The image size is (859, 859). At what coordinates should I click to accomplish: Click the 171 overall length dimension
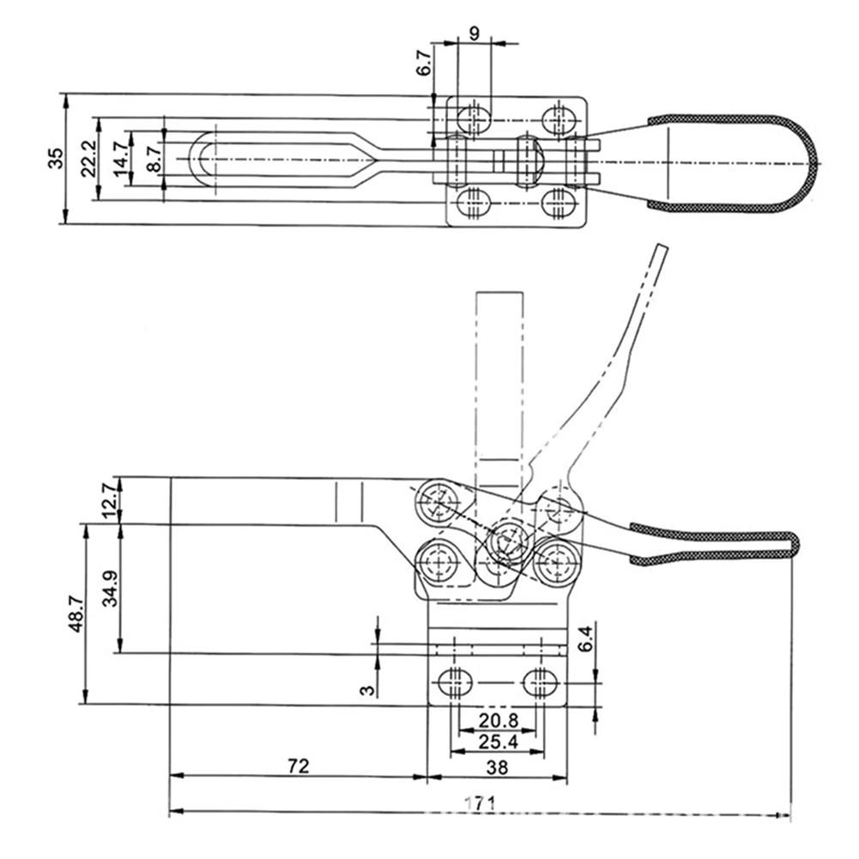point(481,803)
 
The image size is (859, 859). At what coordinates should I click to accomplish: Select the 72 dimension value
point(298,766)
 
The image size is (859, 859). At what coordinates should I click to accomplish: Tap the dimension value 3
point(367,689)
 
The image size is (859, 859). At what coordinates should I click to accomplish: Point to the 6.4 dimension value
point(586,638)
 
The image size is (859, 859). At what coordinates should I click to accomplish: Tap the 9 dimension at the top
point(475,34)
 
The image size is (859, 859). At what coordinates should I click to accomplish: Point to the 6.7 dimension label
point(424,63)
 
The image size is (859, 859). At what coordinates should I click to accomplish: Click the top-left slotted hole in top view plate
point(474,117)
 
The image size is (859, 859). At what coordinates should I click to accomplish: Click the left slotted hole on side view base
point(456,683)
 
